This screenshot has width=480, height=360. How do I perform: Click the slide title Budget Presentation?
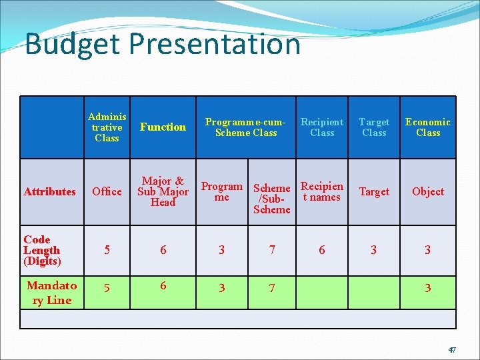[163, 44]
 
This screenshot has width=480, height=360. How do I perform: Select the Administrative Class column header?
[107, 127]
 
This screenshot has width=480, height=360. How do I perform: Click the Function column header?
[163, 127]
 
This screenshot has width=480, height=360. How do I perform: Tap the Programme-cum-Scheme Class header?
[246, 127]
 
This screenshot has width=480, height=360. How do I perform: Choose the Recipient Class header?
[322, 127]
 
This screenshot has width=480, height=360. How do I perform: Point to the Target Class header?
[374, 127]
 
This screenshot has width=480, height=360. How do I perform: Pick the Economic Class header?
[427, 127]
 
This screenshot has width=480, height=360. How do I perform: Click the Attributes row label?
[50, 192]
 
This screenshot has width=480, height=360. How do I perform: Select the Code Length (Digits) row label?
[42, 250]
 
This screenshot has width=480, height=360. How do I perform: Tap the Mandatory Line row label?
[52, 293]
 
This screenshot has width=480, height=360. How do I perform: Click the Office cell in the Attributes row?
[107, 192]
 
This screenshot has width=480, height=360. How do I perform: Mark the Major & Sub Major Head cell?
[163, 192]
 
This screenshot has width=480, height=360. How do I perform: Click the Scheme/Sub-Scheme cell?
[272, 199]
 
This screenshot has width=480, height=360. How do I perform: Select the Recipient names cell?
[322, 191]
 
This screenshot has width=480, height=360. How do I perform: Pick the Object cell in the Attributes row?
[427, 192]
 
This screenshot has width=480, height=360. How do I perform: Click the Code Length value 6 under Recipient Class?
[322, 250]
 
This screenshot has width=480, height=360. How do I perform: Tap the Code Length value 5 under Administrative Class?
[107, 250]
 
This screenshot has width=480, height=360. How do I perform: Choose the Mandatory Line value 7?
[272, 288]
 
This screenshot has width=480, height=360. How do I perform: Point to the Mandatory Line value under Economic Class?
[427, 288]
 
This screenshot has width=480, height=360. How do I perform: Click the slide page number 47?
[451, 350]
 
